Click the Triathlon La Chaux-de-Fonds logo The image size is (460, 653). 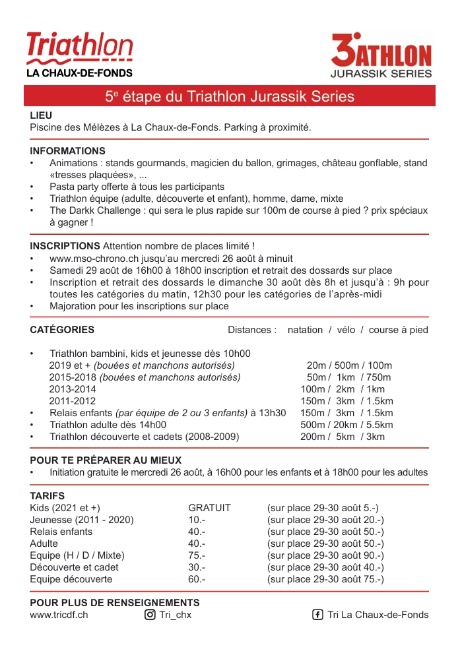pyautogui.click(x=79, y=54)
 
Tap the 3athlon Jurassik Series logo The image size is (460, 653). pyautogui.click(x=381, y=56)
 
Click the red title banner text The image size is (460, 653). pyautogui.click(x=230, y=96)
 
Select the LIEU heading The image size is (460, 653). pyautogui.click(x=41, y=115)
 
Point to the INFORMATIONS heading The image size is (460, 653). pyautogui.click(x=67, y=151)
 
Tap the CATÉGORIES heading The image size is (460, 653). pyautogui.click(x=62, y=330)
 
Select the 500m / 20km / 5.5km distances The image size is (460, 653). pyautogui.click(x=346, y=425)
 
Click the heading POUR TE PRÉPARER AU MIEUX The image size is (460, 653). pyautogui.click(x=106, y=460)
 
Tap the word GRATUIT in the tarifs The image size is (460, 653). pyautogui.click(x=209, y=508)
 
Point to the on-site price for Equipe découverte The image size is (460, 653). pyautogui.click(x=325, y=579)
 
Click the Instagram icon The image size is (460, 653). pyautogui.click(x=150, y=615)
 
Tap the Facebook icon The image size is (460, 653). pyautogui.click(x=317, y=615)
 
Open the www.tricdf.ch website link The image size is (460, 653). pyautogui.click(x=59, y=615)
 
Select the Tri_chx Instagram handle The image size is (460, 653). pyautogui.click(x=176, y=615)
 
